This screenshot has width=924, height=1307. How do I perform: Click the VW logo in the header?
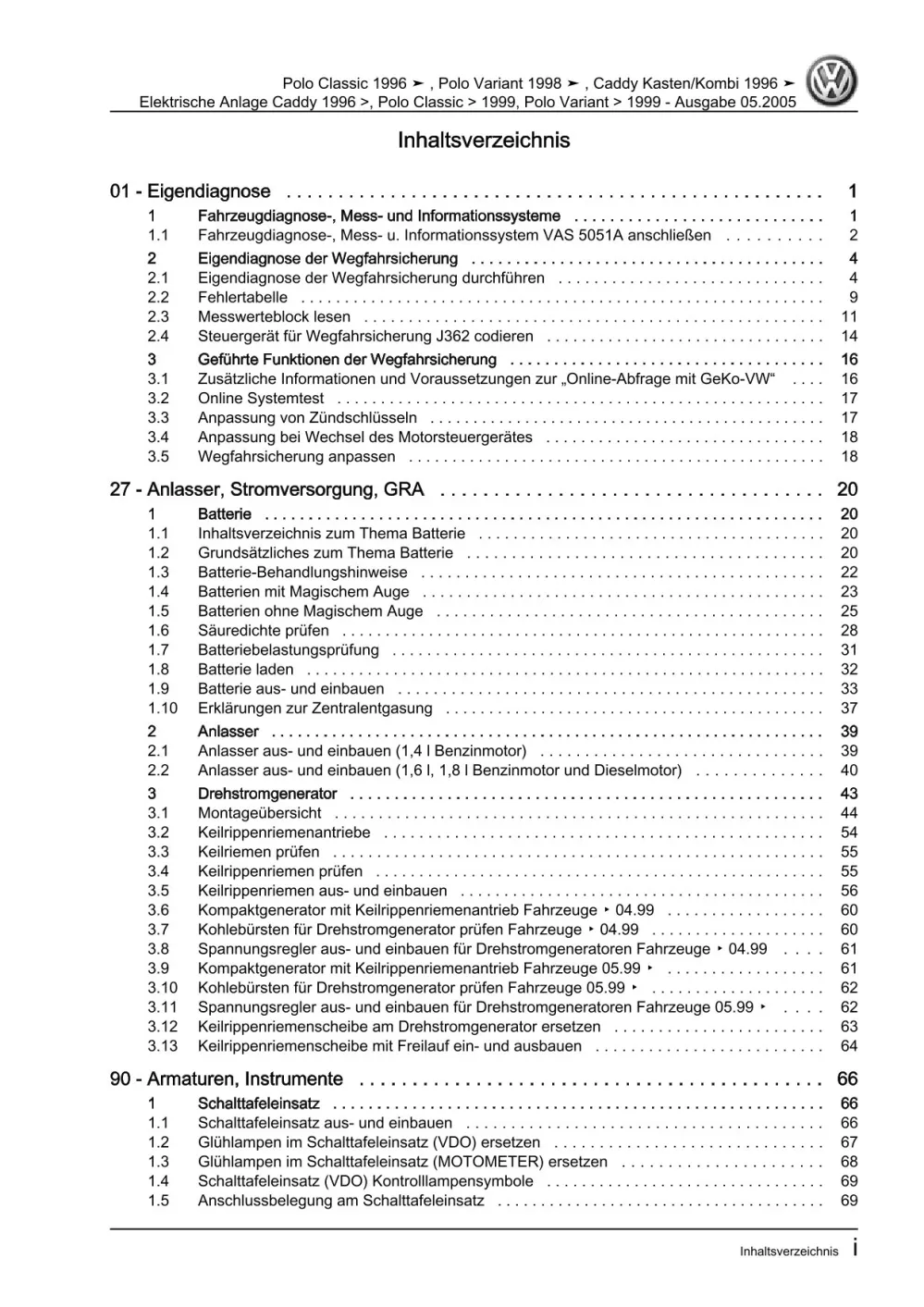(832, 81)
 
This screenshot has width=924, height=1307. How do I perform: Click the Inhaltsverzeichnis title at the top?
(483, 141)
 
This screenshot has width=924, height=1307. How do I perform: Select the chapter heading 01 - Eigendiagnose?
(190, 191)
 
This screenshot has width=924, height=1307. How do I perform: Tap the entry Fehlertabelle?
(242, 297)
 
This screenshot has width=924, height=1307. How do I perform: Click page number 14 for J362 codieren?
(849, 336)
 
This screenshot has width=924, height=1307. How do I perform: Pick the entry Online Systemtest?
(261, 398)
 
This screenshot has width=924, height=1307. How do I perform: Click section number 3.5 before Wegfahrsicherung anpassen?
(158, 456)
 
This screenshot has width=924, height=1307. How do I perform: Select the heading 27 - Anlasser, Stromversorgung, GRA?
(266, 489)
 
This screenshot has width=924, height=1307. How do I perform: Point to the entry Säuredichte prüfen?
(263, 630)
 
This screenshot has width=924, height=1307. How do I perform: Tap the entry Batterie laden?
(245, 669)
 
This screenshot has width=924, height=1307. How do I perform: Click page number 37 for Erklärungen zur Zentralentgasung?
(849, 708)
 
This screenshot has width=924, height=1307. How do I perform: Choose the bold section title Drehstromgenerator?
(267, 794)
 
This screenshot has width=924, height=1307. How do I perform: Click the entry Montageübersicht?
(259, 813)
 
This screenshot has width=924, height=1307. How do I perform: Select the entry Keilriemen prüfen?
(258, 852)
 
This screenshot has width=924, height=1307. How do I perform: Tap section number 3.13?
(162, 1045)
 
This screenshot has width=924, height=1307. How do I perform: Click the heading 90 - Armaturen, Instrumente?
(226, 1079)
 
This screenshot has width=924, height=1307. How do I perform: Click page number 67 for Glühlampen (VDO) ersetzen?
(849, 1141)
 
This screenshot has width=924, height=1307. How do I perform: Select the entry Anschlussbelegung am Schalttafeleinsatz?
(340, 1200)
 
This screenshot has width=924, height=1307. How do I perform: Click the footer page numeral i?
(854, 1249)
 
